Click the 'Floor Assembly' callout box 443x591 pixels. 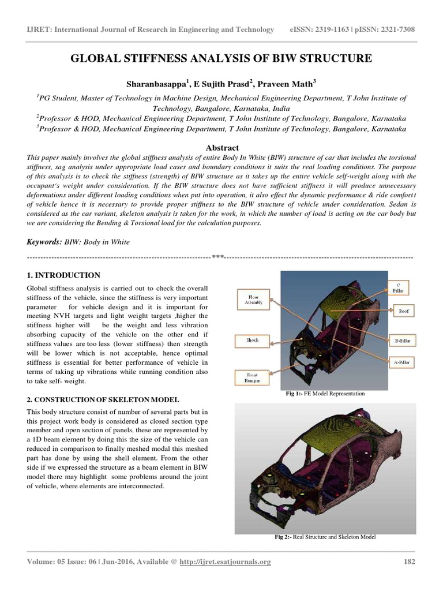point(254,299)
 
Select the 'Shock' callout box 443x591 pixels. point(252,341)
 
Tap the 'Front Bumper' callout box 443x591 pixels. point(253,378)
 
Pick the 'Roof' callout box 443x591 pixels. point(403,311)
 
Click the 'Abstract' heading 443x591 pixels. point(221,148)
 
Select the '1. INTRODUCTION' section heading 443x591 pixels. point(63,275)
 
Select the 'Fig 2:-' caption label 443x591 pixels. point(283,537)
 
